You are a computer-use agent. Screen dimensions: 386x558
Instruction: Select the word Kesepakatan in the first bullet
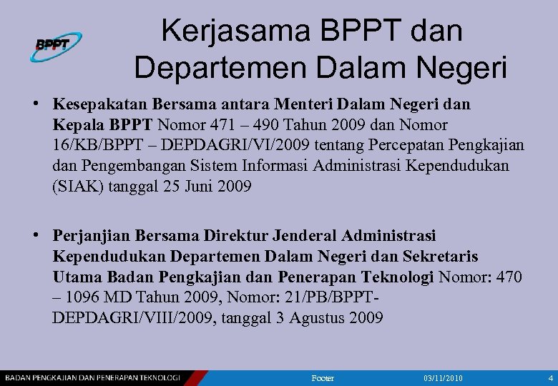[x=95, y=104]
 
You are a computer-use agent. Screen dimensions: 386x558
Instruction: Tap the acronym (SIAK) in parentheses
[x=74, y=187]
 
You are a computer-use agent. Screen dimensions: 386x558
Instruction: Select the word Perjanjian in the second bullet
[x=87, y=235]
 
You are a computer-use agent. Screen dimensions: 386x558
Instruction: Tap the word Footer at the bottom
[x=323, y=377]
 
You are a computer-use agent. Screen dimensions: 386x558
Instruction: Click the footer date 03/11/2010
[x=444, y=377]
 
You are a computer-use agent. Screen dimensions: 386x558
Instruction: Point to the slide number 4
[x=550, y=377]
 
